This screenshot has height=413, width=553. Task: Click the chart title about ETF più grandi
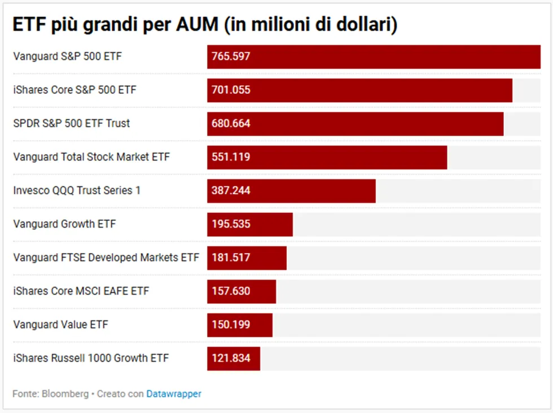pyautogui.click(x=205, y=24)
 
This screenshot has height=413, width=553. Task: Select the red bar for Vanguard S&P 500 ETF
pyautogui.click(x=374, y=57)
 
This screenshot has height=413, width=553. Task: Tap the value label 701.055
pyautogui.click(x=231, y=90)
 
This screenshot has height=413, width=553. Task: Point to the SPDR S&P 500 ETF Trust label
pyautogui.click(x=72, y=124)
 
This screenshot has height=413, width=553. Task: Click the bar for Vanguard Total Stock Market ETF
pyautogui.click(x=327, y=158)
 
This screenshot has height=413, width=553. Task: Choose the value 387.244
pyautogui.click(x=231, y=190)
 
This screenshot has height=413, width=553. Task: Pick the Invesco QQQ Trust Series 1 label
pyautogui.click(x=77, y=190)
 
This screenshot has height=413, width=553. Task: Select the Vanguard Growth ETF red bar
pyautogui.click(x=250, y=224)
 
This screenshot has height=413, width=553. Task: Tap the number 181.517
pyautogui.click(x=231, y=258)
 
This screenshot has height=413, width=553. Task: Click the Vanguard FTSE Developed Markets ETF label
pyautogui.click(x=106, y=258)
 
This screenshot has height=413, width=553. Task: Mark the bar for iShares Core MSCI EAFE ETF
pyautogui.click(x=242, y=292)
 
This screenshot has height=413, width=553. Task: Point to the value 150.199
pyautogui.click(x=231, y=325)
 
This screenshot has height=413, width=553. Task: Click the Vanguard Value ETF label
pyautogui.click(x=61, y=325)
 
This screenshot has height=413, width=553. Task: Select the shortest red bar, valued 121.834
pyautogui.click(x=234, y=359)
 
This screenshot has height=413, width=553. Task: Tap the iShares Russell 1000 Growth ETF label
pyautogui.click(x=91, y=358)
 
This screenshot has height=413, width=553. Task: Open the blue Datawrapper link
pyautogui.click(x=174, y=394)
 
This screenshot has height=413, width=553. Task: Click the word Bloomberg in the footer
pyautogui.click(x=65, y=394)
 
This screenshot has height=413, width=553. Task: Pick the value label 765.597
pyautogui.click(x=231, y=56)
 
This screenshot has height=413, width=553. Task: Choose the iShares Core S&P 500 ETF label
pyautogui.click(x=74, y=90)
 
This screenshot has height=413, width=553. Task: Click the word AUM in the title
pyautogui.click(x=197, y=24)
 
